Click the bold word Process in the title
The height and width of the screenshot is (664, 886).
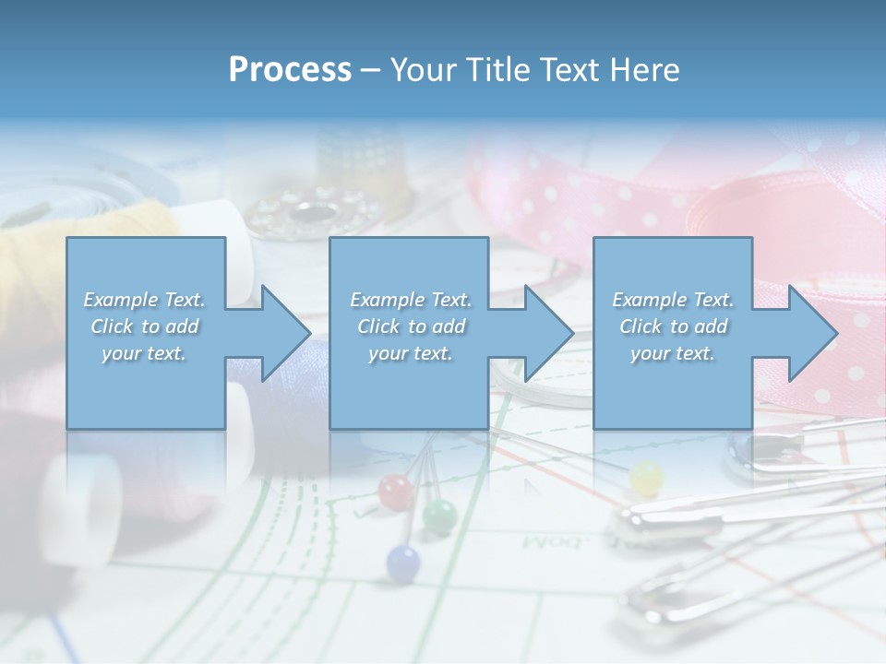(290, 69)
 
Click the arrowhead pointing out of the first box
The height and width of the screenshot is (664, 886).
(277, 333)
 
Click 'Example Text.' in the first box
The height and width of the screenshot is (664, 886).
(145, 300)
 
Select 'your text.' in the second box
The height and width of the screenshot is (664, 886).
(410, 353)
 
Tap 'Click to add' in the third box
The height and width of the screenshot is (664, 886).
(673, 326)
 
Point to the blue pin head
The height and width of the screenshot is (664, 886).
(402, 560)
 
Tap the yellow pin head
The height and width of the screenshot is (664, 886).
(647, 478)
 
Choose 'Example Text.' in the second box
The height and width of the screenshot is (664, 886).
(410, 300)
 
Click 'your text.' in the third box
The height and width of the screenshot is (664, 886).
(673, 353)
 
